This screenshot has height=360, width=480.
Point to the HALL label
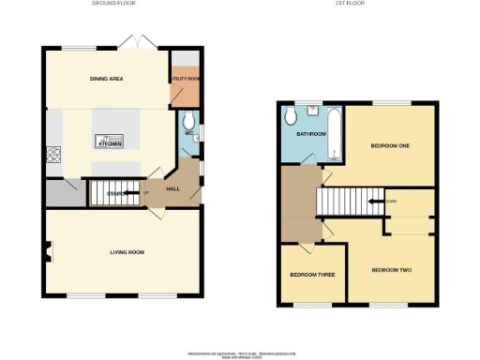click(172, 188)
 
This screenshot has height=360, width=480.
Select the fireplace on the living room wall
click(50, 250)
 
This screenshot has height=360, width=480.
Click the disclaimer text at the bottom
click(239, 352)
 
